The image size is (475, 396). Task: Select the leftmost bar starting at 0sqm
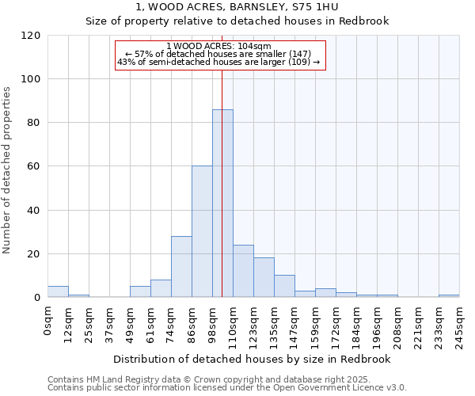(58, 292)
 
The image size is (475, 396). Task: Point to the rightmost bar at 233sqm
(449, 296)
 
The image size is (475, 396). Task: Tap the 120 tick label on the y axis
(31, 36)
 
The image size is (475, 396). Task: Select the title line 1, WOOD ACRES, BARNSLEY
(237, 6)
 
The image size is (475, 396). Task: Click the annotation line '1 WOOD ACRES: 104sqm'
(219, 46)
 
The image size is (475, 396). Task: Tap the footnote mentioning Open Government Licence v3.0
(227, 387)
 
